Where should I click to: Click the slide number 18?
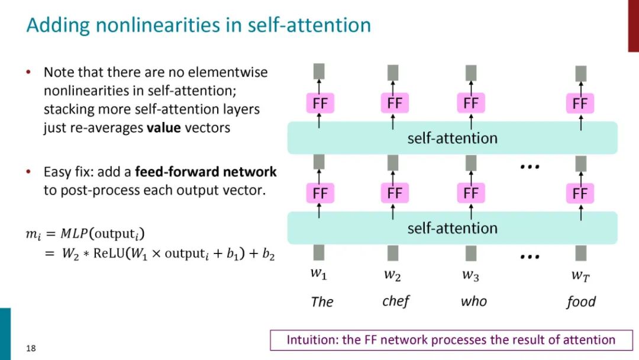tap(31, 348)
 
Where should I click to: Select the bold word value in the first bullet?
tap(164, 127)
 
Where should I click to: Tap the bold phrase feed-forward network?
tap(206, 172)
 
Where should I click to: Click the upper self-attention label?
tap(452, 139)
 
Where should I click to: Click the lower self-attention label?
tap(452, 228)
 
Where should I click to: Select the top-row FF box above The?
tap(319, 104)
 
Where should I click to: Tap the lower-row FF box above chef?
tap(395, 194)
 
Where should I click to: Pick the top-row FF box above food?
tap(580, 104)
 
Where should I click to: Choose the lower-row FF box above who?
tap(470, 194)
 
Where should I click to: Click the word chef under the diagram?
tap(396, 301)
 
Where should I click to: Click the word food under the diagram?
tap(580, 302)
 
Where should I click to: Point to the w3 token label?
tap(470, 275)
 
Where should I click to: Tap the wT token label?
tap(580, 275)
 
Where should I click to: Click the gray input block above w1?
tap(319, 253)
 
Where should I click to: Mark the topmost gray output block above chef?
tap(393, 73)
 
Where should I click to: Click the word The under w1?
tap(322, 302)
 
